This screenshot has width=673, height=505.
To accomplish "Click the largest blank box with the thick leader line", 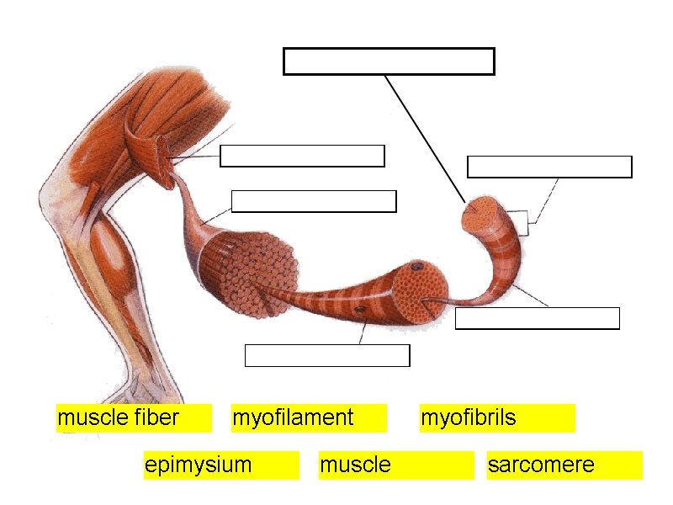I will click(389, 61).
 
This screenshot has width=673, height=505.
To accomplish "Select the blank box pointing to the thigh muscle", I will click(302, 156).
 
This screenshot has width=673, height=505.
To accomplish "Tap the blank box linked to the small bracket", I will click(549, 167).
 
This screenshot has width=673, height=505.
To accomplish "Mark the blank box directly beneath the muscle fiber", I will click(327, 356).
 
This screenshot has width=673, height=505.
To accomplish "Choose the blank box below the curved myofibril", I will click(537, 318).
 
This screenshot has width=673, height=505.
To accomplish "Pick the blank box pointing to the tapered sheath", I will click(313, 201).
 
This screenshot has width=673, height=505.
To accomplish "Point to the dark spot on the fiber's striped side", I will click(360, 314).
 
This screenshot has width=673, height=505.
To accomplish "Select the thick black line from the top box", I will click(425, 139).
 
